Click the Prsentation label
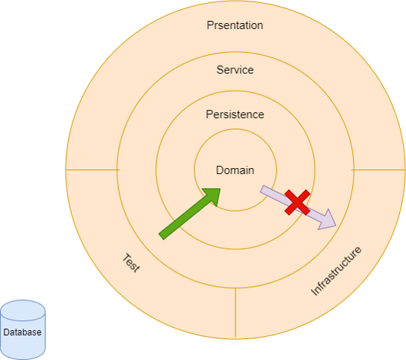point(235,25)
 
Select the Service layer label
point(235,69)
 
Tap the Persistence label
point(235,114)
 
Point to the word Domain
point(235,170)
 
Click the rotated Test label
point(132,263)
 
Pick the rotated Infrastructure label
point(336,271)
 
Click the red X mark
point(298,202)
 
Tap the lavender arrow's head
point(327,220)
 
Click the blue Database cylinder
point(22,329)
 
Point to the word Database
point(22,332)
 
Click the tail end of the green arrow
point(162,237)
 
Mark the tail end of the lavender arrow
point(262,189)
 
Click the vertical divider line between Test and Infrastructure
point(236,313)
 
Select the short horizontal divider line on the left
point(93,170)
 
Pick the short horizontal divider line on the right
point(378,170)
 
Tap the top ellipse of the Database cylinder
point(22,311)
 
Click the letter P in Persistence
point(209,114)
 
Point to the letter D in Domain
point(220,170)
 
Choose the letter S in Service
point(220,69)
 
